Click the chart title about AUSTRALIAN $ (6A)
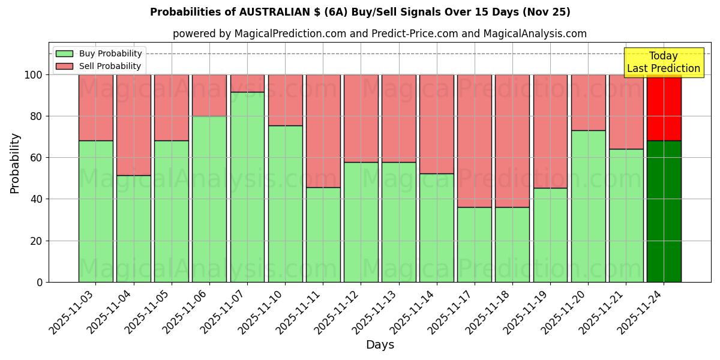pos(360,12)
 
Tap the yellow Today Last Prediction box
pos(663,62)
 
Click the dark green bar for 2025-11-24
pos(664,211)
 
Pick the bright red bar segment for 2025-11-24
pos(664,107)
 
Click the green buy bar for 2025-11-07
pos(247,187)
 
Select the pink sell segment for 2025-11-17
pos(474,141)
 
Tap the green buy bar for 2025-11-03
pos(95,211)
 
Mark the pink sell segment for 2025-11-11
pos(323,131)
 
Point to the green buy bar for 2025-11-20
pos(588,206)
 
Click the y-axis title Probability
pos(15,163)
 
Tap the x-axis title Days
pos(380,345)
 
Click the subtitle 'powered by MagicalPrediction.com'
pos(379,34)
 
